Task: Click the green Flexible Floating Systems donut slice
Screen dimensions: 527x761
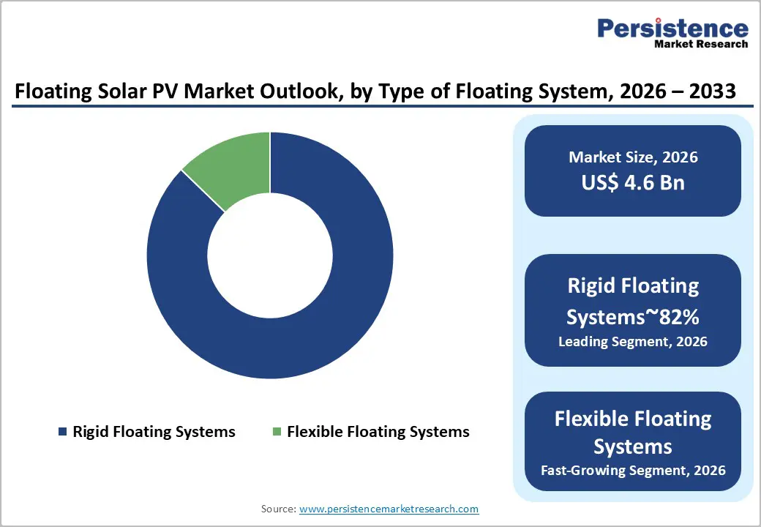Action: click(x=231, y=167)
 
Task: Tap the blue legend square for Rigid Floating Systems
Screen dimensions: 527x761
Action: click(x=62, y=432)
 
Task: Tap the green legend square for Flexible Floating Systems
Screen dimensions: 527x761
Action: click(x=277, y=432)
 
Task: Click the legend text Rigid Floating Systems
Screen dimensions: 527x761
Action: click(x=154, y=432)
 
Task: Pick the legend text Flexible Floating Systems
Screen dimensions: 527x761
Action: click(x=378, y=432)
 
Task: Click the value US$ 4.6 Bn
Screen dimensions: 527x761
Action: click(x=633, y=182)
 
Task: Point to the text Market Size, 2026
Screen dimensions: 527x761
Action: click(x=633, y=157)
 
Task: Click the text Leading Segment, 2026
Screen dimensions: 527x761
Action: click(x=633, y=341)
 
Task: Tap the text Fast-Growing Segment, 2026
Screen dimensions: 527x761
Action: click(x=633, y=470)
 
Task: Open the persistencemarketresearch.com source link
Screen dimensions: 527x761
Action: click(x=389, y=508)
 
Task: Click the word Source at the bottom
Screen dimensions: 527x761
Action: click(x=278, y=508)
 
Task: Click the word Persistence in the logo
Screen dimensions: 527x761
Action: click(x=672, y=29)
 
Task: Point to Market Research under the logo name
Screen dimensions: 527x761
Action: click(x=701, y=45)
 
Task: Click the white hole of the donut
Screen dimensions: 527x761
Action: click(x=270, y=255)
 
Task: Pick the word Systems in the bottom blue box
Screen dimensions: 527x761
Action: click(x=633, y=446)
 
